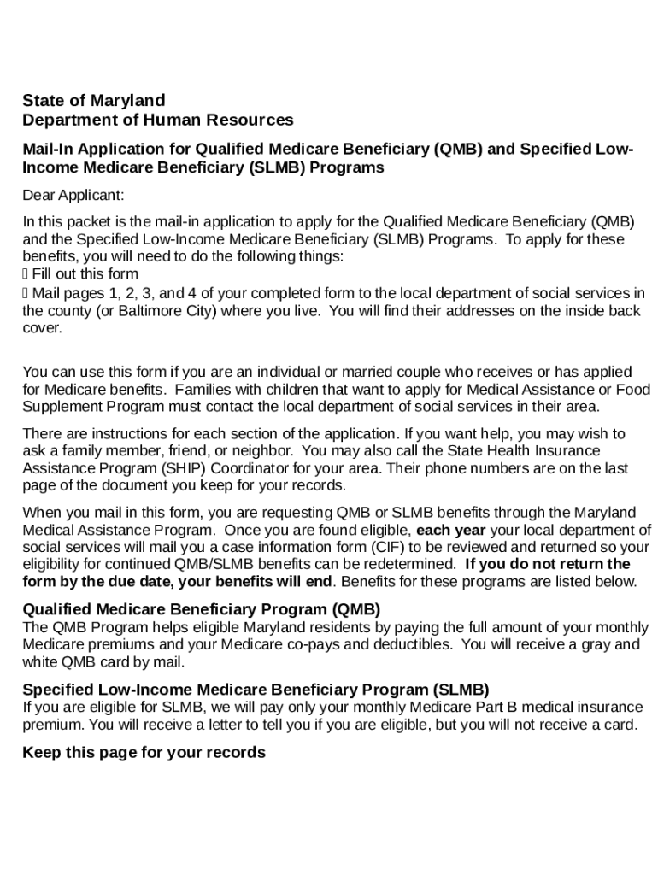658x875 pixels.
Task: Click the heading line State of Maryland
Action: click(x=94, y=101)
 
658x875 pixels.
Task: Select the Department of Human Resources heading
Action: click(x=157, y=120)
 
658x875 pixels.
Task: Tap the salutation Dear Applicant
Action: click(x=73, y=196)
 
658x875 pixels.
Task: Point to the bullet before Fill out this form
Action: click(x=26, y=274)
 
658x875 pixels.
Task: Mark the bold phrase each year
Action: click(x=450, y=530)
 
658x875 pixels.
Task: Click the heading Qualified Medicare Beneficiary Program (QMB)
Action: click(x=201, y=610)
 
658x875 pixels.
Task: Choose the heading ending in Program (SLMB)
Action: click(x=256, y=690)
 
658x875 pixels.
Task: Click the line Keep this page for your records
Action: click(x=144, y=753)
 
